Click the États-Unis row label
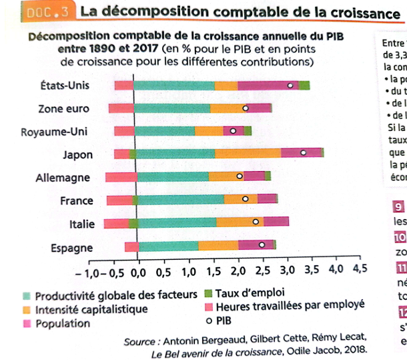pyautogui.click(x=65, y=85)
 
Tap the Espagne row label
pyautogui.click(x=71, y=248)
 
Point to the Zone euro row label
pyautogui.click(x=65, y=108)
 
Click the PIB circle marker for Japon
pyautogui.click(x=304, y=152)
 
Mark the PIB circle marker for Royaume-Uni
pyautogui.click(x=233, y=131)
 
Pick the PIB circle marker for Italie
pyautogui.click(x=256, y=221)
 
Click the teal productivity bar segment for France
pyautogui.click(x=181, y=198)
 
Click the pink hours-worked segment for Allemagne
pyautogui.click(x=121, y=176)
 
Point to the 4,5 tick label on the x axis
pyautogui.click(x=360, y=273)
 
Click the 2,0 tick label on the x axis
pyautogui.click(x=237, y=273)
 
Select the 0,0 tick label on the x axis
pyautogui.click(x=138, y=273)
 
